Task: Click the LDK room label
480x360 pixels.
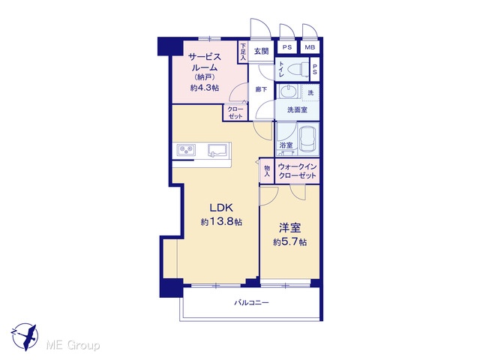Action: pos(221,208)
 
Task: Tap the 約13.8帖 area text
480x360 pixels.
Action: pos(221,222)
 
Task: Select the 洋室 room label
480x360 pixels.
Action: pos(289,228)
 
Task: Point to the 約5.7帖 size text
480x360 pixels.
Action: pos(289,242)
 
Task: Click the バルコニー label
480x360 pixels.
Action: pos(252,303)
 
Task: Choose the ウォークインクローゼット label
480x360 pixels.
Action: pos(297,171)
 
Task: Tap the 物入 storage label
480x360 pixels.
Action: pos(267,171)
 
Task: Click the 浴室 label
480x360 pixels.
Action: pos(286,145)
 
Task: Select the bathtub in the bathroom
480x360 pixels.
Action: pos(308,139)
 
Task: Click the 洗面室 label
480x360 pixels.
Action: pos(297,109)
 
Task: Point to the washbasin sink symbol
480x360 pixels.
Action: pos(288,91)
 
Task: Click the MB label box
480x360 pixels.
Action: pos(310,47)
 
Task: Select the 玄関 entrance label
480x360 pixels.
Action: pos(261,51)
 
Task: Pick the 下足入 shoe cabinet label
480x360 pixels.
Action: pos(243,52)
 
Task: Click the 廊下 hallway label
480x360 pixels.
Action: pos(261,89)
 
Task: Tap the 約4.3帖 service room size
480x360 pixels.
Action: pos(205,88)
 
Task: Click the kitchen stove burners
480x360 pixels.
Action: pos(186,150)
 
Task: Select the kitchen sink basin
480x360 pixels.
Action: pos(217,150)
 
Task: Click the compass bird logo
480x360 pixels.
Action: pos(25,337)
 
